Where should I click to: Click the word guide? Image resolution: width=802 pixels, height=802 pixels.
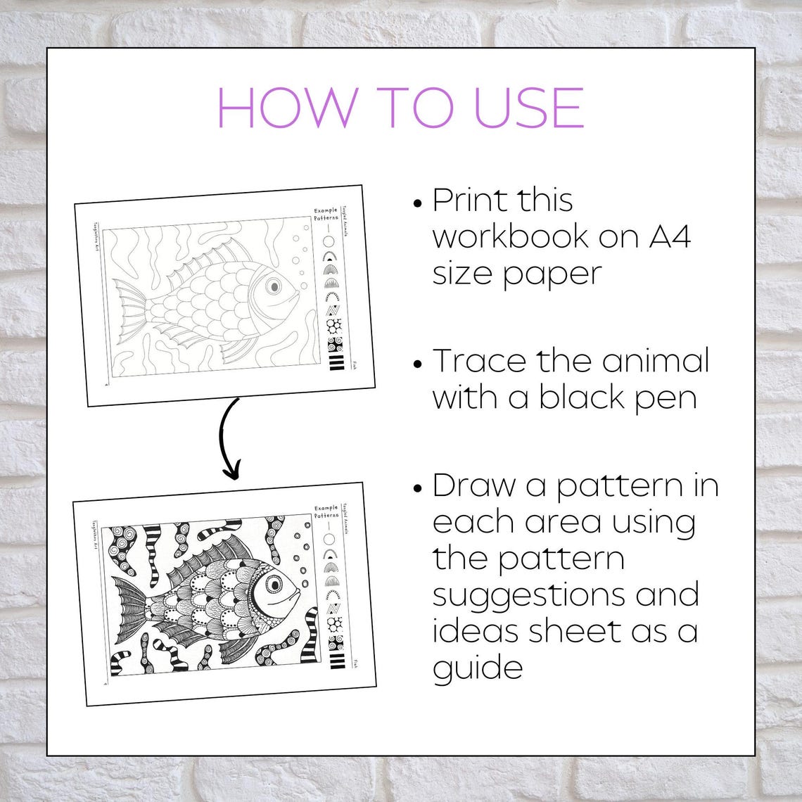point(478,667)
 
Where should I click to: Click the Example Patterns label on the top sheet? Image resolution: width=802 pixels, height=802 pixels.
point(326,215)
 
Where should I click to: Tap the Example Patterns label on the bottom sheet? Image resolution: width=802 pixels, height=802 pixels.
point(326,511)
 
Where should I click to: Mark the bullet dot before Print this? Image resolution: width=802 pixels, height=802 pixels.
point(418,203)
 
